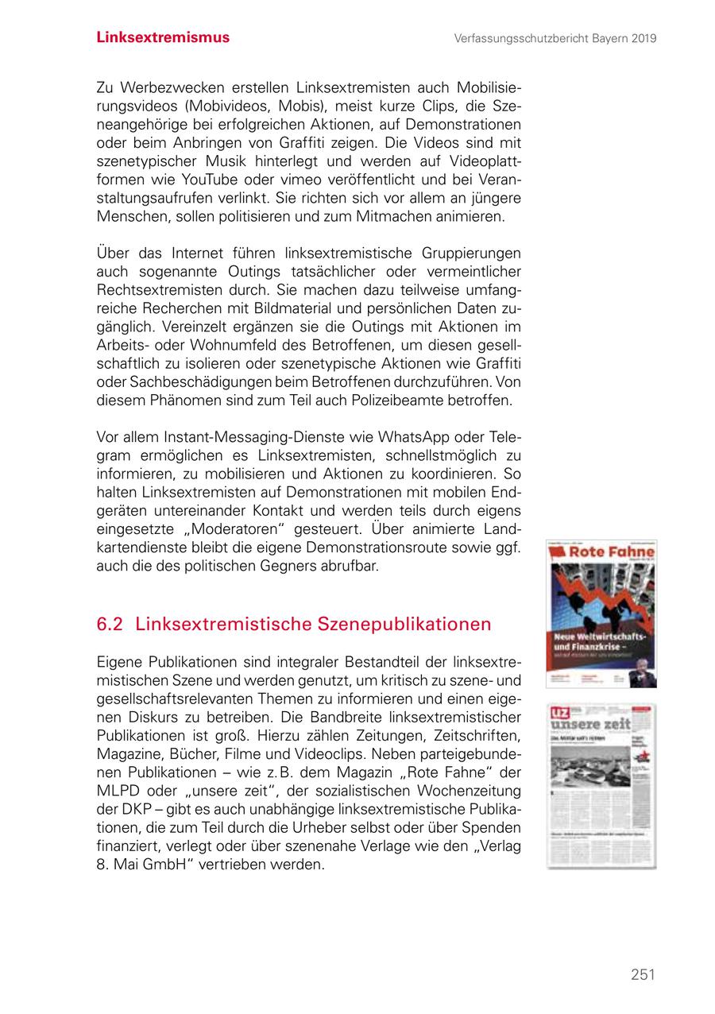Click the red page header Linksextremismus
163,37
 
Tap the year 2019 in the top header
640,38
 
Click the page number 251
643,974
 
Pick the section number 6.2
109,625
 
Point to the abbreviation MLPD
117,791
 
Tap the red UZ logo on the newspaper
559,713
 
